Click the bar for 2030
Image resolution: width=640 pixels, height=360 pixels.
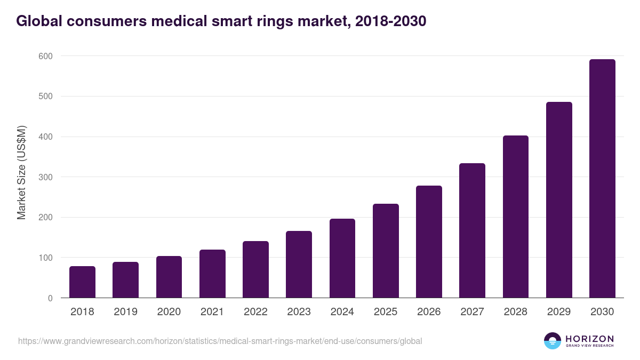tap(602, 179)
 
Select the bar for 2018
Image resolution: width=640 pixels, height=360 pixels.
tap(82, 282)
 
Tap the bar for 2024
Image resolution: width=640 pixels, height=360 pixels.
tap(342, 258)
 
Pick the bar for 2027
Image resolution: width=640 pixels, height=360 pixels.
tap(472, 230)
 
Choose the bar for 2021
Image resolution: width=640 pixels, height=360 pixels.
tap(212, 274)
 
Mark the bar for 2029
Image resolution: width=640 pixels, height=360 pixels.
tap(559, 200)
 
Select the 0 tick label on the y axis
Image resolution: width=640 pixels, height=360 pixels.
tap(50, 298)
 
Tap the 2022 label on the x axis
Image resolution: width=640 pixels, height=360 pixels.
tap(255, 312)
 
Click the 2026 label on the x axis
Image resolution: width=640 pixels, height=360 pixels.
tap(429, 312)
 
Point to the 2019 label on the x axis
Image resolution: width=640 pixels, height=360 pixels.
tap(125, 312)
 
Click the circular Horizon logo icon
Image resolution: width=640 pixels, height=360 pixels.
tap(553, 341)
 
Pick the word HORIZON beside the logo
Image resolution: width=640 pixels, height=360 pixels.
tap(589, 338)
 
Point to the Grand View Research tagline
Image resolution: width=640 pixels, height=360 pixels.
tap(589, 346)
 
